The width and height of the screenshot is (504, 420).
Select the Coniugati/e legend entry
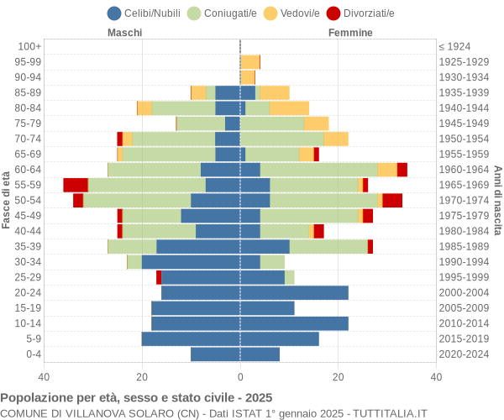pos(223,13)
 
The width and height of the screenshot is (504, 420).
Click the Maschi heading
pos(124,33)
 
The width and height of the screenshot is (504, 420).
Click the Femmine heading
pos(350,33)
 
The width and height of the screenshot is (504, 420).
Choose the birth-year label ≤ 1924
pos(454,46)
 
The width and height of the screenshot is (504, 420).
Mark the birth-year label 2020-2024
pos(464,354)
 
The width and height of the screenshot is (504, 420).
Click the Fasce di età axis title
pos(7,200)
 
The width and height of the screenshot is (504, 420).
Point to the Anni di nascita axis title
pos(497,200)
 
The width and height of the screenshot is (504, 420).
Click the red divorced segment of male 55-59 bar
pos(76,185)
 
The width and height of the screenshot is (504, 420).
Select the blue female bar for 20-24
pos(294,292)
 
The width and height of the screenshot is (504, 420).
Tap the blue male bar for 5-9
pos(191,339)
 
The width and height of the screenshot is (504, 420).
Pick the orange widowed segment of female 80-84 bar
pos(289,108)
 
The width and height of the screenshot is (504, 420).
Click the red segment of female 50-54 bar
pos(392,200)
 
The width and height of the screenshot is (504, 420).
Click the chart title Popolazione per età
pos(136,397)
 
